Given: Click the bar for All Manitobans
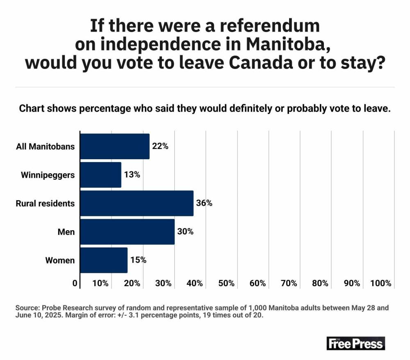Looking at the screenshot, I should click(x=114, y=146).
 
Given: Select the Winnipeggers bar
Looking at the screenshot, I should click(x=100, y=175).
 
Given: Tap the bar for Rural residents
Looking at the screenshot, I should click(x=137, y=203).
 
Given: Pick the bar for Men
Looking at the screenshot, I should click(x=127, y=232).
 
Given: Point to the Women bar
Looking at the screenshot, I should click(x=104, y=260).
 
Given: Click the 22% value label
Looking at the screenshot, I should click(x=160, y=146).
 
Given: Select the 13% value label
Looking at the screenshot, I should click(x=132, y=174).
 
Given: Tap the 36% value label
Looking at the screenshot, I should click(x=204, y=203).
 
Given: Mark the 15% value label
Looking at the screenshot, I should click(x=138, y=260).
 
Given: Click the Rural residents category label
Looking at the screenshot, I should click(x=45, y=203).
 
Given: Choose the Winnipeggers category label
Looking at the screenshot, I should click(x=48, y=175).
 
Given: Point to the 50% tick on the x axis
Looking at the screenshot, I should click(x=226, y=283).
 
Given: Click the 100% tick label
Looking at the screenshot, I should click(x=381, y=283).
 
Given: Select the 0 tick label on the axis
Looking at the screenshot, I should click(x=75, y=283).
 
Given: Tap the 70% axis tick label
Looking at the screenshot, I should click(x=289, y=283).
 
